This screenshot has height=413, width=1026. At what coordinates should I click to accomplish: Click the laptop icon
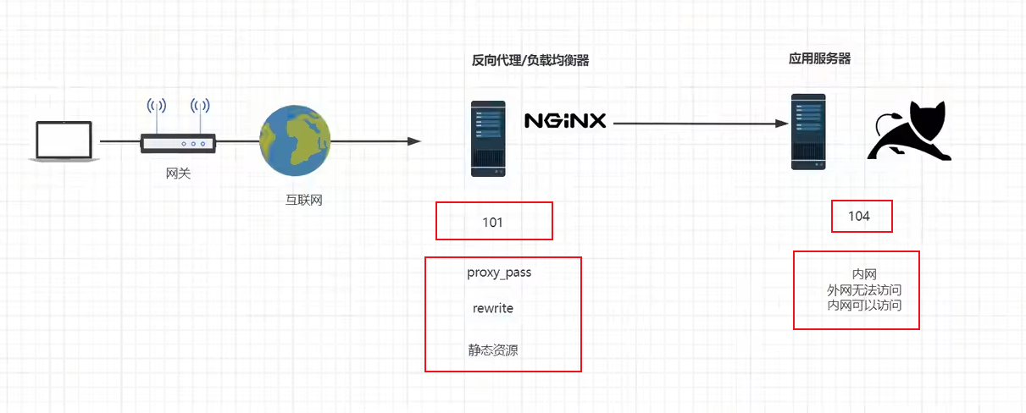tap(64, 141)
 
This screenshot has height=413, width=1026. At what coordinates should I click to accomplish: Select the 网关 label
tap(178, 173)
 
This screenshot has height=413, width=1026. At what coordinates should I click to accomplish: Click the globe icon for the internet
tap(295, 140)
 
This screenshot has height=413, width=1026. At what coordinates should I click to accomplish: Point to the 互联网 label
tap(303, 200)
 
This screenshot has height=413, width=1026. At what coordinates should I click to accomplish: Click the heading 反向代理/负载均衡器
tap(530, 60)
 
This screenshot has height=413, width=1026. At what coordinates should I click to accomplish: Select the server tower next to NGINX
tap(488, 139)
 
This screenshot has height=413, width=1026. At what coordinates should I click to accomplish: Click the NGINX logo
tap(565, 121)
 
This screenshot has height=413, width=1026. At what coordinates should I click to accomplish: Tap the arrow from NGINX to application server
tap(701, 124)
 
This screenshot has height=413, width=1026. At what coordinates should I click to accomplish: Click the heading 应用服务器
tap(819, 58)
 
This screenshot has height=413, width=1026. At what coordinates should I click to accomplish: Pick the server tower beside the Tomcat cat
tap(808, 132)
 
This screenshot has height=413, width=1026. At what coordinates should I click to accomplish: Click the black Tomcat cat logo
tap(909, 130)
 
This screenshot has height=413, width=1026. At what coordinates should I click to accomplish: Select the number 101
tap(492, 223)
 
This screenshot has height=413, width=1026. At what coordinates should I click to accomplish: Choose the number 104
tap(859, 216)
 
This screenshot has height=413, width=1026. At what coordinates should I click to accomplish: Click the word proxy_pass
tap(499, 273)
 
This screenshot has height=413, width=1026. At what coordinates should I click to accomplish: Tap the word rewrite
tap(493, 308)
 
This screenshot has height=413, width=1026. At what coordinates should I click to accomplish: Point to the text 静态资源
tap(493, 350)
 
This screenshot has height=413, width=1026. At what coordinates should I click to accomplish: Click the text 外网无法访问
tap(864, 290)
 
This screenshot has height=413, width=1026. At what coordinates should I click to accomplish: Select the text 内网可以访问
tap(864, 305)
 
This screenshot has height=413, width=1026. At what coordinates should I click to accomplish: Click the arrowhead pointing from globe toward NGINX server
tap(414, 141)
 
